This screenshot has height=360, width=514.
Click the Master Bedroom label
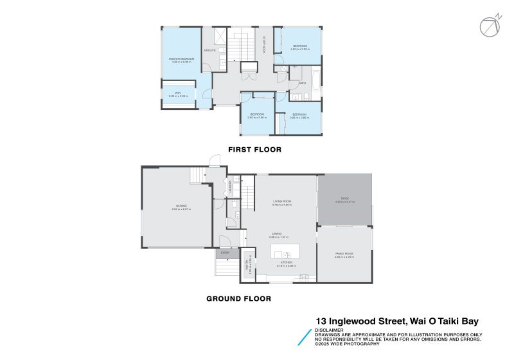point(182,59)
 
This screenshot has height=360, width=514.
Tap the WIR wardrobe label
point(178,94)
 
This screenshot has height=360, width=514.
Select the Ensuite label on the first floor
point(209,50)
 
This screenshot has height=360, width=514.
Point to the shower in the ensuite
point(218,36)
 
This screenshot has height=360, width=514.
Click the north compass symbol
point(490,26)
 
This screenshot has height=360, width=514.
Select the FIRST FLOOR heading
point(254,149)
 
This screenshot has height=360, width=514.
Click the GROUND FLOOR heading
point(238,298)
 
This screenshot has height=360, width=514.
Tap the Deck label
point(344,199)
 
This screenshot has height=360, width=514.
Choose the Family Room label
point(344,254)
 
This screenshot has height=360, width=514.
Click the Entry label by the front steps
point(225,253)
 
